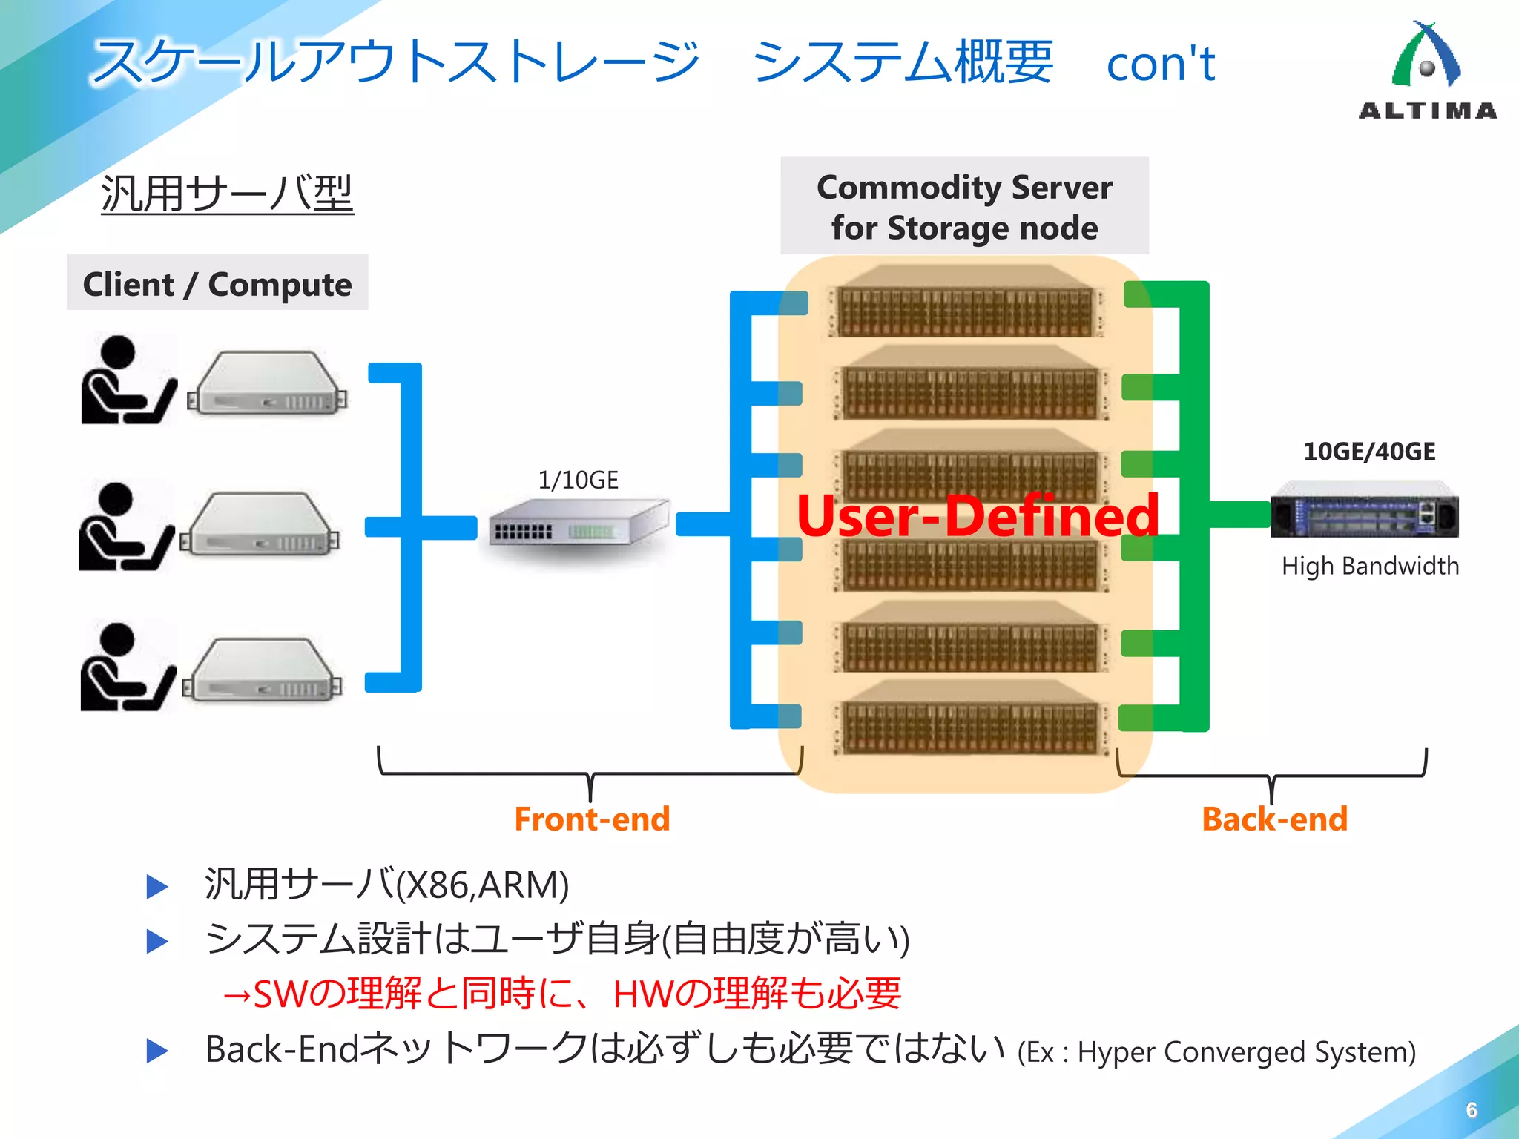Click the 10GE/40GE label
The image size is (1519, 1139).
pos(1369,452)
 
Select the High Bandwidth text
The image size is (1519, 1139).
pos(1370,566)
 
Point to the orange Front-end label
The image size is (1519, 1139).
pos(592,819)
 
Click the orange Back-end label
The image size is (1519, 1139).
pos(1274,819)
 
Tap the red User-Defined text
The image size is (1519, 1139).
pos(978,515)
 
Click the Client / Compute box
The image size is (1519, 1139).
pos(217,283)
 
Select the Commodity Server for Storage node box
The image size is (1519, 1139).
pos(964,207)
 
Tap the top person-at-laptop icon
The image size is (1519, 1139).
pos(126,380)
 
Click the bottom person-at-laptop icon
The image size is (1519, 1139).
pos(126,668)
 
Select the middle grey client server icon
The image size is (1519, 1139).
pos(260,525)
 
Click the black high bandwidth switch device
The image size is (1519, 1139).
pos(1364,510)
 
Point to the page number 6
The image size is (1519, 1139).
pos(1472,1109)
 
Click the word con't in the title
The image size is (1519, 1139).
pos(1161,64)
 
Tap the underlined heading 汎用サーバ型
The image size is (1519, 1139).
pos(227,194)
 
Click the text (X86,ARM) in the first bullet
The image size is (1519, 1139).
pos(483,885)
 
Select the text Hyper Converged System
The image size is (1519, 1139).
pos(1246,1052)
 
